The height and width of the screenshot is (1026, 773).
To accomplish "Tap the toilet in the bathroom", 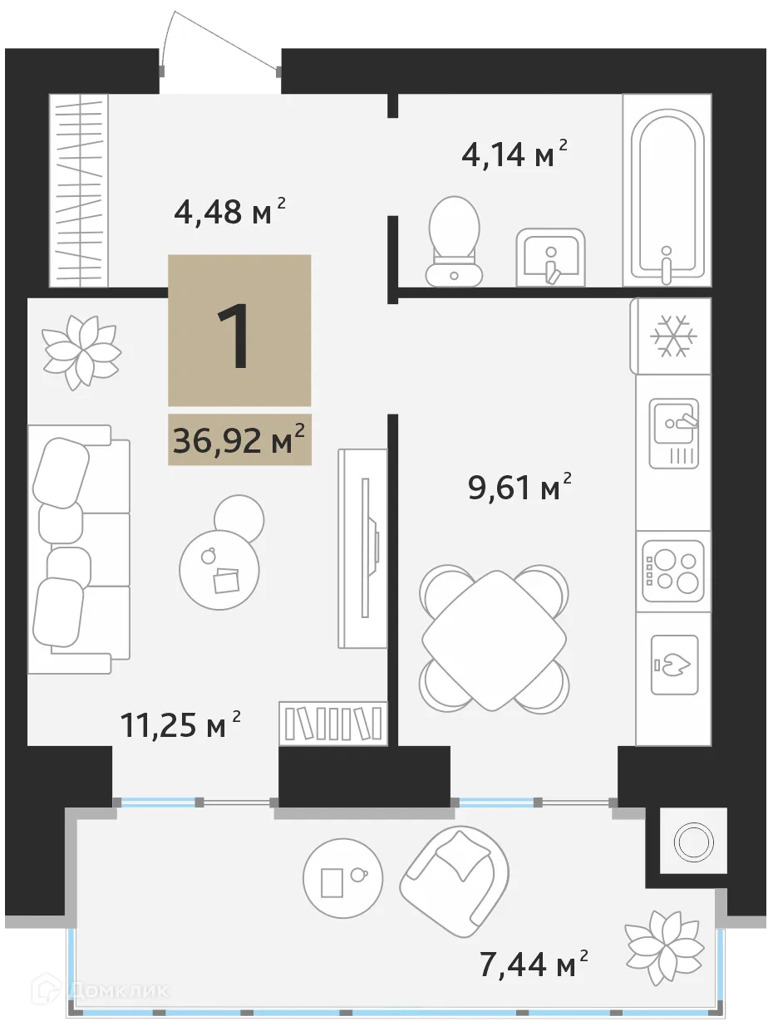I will click(454, 241).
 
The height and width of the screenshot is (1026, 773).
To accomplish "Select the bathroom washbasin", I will click(549, 258).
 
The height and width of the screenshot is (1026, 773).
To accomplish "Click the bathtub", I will click(666, 194).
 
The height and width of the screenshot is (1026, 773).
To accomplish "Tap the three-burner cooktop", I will click(673, 572).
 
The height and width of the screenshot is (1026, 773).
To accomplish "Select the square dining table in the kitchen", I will click(495, 640).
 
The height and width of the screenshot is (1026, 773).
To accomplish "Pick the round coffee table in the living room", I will click(219, 570).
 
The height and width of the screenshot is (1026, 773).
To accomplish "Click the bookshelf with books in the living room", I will click(333, 721).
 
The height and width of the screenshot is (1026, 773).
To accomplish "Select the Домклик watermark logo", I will click(100, 990).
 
